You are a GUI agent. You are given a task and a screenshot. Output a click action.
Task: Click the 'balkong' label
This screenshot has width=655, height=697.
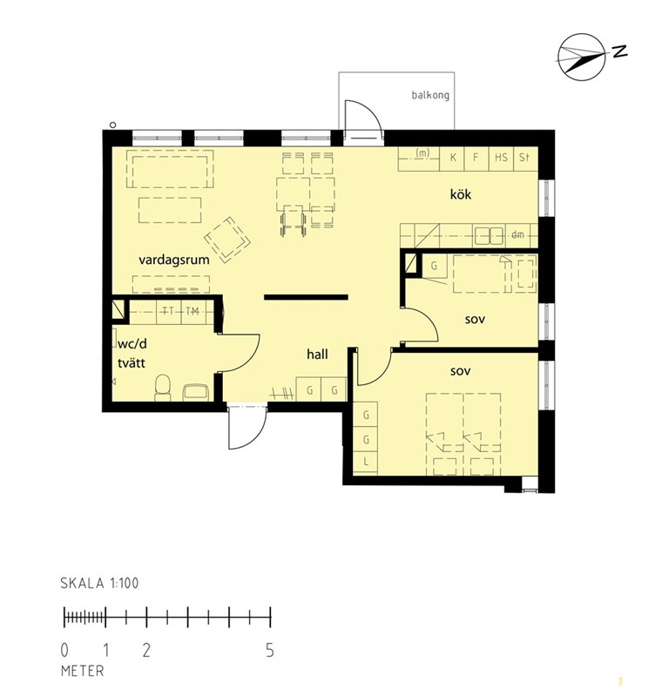pyautogui.click(x=430, y=95)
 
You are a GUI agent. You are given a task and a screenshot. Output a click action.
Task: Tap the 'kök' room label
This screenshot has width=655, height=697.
pyautogui.click(x=461, y=194)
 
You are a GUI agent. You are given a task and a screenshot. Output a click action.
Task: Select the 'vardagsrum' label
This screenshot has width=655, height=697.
pyautogui.click(x=173, y=260)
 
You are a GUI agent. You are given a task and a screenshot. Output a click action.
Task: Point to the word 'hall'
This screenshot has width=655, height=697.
pyautogui.click(x=317, y=355)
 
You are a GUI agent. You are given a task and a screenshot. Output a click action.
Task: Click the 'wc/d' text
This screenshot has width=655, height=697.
pyautogui.click(x=132, y=344)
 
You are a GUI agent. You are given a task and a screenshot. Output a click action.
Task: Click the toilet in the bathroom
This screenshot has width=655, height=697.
pyautogui.click(x=163, y=388)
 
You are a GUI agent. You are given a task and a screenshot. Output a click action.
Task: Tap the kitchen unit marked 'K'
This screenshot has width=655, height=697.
pyautogui.click(x=452, y=159)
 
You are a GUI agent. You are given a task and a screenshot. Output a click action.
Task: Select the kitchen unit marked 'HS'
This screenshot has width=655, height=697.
pyautogui.click(x=501, y=159)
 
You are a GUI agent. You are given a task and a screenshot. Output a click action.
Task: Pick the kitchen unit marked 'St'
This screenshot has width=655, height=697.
pyautogui.click(x=526, y=159)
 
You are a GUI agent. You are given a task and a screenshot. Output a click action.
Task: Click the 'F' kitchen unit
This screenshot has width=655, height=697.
pyautogui.click(x=476, y=159)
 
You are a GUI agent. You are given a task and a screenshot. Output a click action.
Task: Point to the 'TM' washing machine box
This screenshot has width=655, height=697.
pyautogui.click(x=193, y=311)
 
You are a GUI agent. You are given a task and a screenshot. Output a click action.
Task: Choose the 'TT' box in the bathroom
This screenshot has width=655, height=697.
pyautogui.click(x=169, y=311)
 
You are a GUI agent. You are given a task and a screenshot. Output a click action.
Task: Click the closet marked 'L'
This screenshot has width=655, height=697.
pyautogui.click(x=366, y=462)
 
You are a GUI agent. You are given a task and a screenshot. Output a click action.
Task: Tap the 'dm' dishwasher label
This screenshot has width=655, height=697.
pyautogui.click(x=517, y=235)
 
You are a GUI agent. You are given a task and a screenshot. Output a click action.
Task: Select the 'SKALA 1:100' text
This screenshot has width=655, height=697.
pyautogui.click(x=99, y=583)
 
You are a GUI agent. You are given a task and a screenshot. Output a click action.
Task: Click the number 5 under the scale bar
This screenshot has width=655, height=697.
pyautogui.click(x=270, y=651)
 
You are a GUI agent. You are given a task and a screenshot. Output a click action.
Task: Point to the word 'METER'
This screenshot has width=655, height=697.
pyautogui.click(x=83, y=671)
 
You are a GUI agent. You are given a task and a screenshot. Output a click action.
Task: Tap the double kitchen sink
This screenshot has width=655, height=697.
pyautogui.click(x=490, y=236)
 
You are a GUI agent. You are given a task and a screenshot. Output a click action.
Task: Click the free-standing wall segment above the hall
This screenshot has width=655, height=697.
pyautogui.click(x=307, y=297)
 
